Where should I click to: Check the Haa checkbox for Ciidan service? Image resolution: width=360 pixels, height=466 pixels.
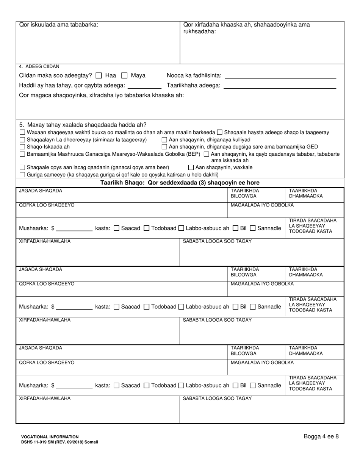click(x=99, y=75)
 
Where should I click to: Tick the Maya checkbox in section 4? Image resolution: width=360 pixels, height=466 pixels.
click(x=124, y=75)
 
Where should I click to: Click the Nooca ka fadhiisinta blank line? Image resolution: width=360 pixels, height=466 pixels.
click(x=280, y=76)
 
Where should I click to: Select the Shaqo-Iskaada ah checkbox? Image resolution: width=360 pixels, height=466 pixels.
click(x=22, y=147)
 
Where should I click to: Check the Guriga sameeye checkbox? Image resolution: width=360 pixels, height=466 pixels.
click(x=22, y=175)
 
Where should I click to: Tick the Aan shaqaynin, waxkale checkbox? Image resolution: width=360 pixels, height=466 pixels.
click(x=191, y=167)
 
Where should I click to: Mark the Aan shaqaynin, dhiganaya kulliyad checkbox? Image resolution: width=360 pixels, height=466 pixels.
click(x=164, y=140)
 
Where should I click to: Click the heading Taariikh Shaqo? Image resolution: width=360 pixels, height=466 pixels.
click(x=180, y=183)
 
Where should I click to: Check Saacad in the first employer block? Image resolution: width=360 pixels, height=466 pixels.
click(x=117, y=228)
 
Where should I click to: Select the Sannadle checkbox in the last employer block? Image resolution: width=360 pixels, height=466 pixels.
click(x=253, y=385)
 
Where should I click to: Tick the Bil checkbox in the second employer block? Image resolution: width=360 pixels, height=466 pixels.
click(x=235, y=306)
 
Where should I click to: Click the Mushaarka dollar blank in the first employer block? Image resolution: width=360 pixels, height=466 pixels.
click(x=74, y=228)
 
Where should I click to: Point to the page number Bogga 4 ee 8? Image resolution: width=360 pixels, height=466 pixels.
click(x=321, y=436)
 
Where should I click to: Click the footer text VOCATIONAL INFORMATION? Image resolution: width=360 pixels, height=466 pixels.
click(x=50, y=437)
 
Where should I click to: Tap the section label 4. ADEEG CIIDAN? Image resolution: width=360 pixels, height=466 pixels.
click(x=39, y=67)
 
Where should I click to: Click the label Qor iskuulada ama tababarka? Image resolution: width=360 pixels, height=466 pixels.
click(x=59, y=25)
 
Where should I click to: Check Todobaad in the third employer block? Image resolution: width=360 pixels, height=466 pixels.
click(x=147, y=385)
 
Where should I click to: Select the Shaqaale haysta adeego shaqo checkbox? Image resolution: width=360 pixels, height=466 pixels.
click(x=220, y=133)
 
